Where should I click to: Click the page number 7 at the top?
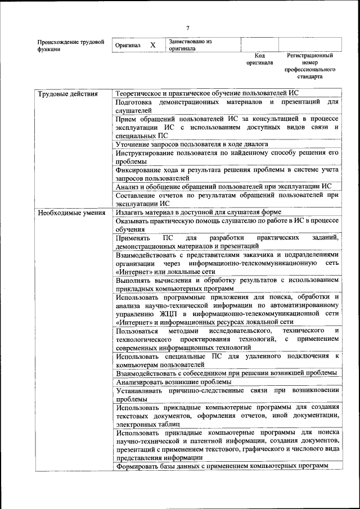pyautogui.click(x=188, y=28)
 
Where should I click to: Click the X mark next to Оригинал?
pyautogui.click(x=152, y=44)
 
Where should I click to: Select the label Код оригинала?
pyautogui.click(x=259, y=59)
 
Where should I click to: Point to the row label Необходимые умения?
pyautogui.click(x=71, y=213)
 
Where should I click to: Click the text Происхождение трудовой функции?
pyautogui.click(x=70, y=45)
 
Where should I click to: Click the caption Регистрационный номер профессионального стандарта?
pyautogui.click(x=309, y=66)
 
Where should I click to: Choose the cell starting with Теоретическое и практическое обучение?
pyautogui.click(x=214, y=93)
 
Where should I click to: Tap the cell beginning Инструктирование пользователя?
pyautogui.click(x=227, y=157)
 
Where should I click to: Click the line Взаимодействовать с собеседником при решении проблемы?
pyautogui.click(x=226, y=372)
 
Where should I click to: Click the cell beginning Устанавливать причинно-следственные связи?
pyautogui.click(x=227, y=395)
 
